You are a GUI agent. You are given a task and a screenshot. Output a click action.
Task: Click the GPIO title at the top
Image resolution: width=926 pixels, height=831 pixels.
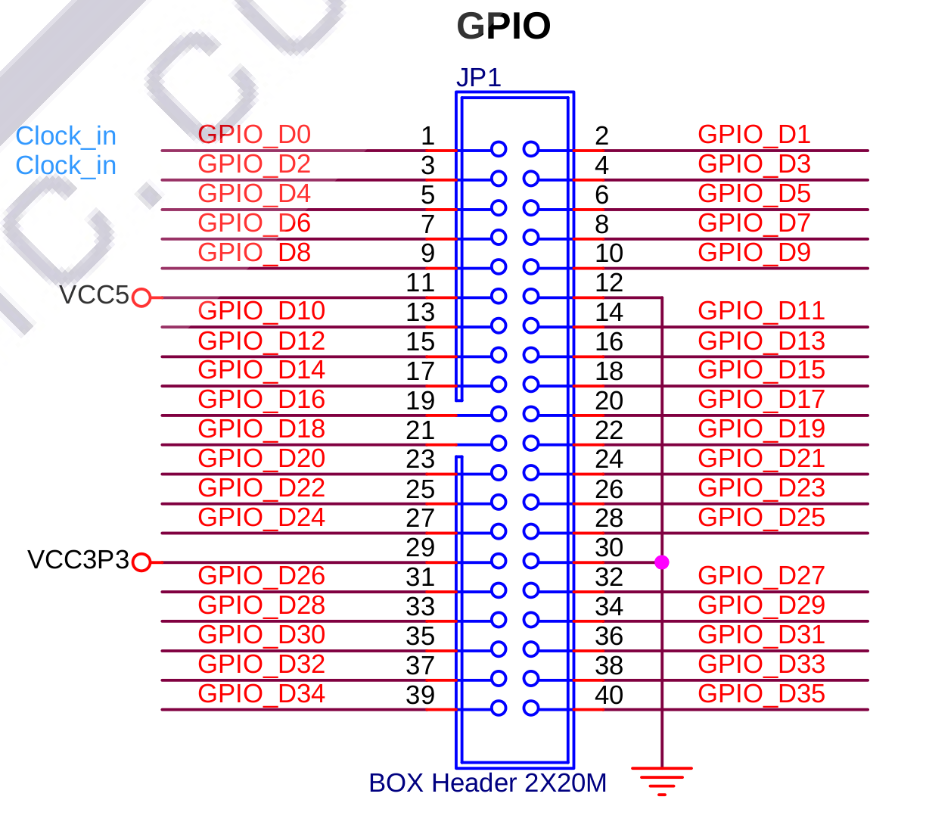(x=503, y=26)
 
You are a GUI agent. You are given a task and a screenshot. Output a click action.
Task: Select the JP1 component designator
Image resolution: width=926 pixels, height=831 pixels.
(x=479, y=77)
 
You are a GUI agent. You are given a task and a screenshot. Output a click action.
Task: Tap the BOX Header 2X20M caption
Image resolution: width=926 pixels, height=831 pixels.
(x=488, y=783)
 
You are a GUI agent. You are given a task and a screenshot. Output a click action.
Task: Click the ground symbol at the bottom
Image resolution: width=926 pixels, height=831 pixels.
(x=661, y=781)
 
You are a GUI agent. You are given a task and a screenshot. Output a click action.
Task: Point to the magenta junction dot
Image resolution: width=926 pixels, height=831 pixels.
(x=661, y=562)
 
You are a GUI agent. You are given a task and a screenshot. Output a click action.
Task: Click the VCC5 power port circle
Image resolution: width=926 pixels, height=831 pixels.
(x=141, y=297)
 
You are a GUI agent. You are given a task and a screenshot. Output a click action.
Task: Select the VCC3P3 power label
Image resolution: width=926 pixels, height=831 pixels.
(x=78, y=559)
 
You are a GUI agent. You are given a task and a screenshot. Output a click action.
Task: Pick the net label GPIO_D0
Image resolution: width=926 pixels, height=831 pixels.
(x=254, y=135)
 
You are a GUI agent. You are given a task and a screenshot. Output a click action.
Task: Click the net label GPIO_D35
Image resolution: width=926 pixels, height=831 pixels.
(x=761, y=693)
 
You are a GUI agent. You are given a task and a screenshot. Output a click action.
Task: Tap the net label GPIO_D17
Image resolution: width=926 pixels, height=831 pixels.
(x=761, y=400)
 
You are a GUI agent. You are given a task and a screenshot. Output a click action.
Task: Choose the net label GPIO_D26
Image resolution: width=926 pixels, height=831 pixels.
(x=261, y=575)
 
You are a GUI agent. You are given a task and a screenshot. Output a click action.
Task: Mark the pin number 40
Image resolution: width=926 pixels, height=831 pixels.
(x=609, y=695)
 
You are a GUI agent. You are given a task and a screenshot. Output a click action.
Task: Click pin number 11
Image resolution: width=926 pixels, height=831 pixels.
(x=420, y=282)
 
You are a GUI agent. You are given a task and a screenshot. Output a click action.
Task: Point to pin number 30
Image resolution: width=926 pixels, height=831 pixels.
(x=609, y=547)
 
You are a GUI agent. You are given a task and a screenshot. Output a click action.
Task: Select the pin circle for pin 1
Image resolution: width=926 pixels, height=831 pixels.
(x=499, y=149)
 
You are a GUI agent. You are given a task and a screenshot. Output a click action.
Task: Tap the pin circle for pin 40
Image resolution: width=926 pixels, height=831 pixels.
(x=530, y=708)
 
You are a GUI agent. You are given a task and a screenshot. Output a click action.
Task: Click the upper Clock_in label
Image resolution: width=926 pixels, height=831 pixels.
(x=66, y=135)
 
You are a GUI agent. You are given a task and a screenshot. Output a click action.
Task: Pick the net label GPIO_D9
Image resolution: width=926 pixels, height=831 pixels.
(x=754, y=253)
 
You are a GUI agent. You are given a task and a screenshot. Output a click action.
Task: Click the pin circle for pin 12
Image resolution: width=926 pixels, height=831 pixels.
(x=530, y=296)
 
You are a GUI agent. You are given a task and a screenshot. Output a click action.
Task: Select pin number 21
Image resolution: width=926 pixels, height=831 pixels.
(x=420, y=430)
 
